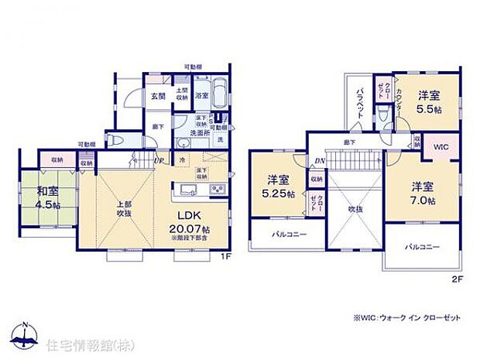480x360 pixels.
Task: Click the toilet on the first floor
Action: pos(132,140)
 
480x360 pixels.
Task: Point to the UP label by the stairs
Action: pos(159,160)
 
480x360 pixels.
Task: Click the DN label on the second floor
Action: pos(318,161)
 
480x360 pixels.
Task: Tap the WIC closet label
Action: pos(441,146)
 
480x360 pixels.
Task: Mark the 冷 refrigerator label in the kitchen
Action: pos(182,160)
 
